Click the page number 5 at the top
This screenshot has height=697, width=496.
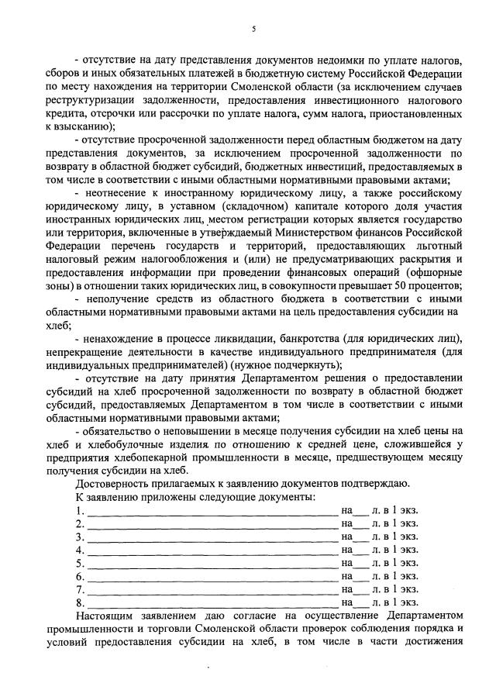[253, 30]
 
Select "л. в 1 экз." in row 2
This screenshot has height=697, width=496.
[396, 523]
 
